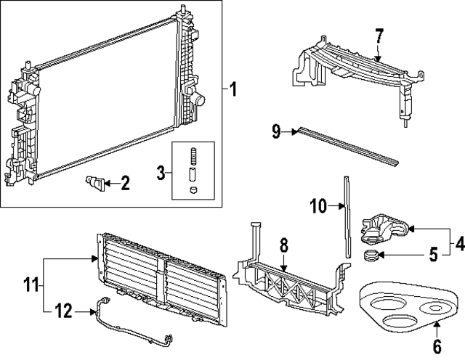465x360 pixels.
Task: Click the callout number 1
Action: coord(232,90)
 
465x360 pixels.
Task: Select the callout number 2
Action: coord(125,184)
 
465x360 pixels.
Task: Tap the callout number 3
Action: coord(161,173)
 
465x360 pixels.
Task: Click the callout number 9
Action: coord(277,131)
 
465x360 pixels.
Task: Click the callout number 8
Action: coord(283,247)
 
